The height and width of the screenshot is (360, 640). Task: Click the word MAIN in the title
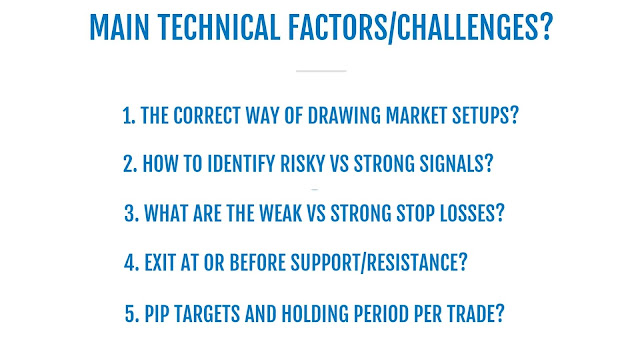(x=119, y=28)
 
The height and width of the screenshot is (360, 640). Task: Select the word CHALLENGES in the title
(x=468, y=28)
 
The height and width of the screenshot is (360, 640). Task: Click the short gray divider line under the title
(x=321, y=71)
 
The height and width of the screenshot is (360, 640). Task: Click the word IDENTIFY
(x=241, y=164)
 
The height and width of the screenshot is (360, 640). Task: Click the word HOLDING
(x=315, y=314)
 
